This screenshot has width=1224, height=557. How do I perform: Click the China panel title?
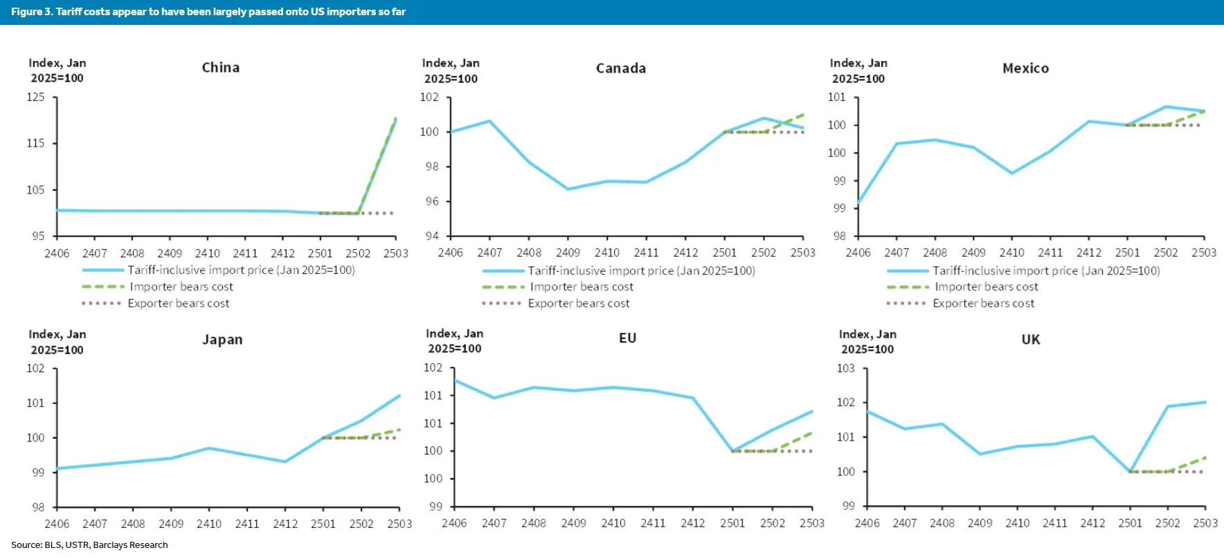pos(220,68)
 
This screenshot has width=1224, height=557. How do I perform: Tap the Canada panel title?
pos(620,69)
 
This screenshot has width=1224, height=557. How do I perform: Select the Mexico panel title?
pos(1025,69)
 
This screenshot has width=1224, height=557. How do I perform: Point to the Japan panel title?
pos(222,340)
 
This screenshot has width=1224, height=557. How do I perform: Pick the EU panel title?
pos(627,338)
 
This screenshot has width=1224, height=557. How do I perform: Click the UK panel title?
pos(1030,340)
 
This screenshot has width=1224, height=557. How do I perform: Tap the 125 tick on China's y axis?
pos(35,97)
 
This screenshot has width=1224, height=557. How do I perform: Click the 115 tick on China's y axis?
pos(35,143)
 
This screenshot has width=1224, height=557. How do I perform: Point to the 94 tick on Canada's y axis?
pos(432,236)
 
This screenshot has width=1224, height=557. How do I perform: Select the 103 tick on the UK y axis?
pos(846,368)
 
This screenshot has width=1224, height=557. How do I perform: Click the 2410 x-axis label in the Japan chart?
pos(208,524)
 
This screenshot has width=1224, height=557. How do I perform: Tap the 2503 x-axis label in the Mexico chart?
pos(1203,253)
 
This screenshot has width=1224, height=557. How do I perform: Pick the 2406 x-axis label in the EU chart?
pos(454,523)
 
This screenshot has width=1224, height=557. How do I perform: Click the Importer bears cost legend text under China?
pos(181,286)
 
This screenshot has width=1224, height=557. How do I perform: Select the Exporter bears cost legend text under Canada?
pos(579,303)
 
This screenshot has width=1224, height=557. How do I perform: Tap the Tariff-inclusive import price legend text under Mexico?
pos(1046,271)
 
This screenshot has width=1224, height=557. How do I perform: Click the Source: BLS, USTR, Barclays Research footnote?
pos(89,545)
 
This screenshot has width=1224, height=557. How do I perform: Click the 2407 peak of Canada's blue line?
pos(489,121)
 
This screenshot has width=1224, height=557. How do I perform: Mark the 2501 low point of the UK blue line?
pos(1130,471)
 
